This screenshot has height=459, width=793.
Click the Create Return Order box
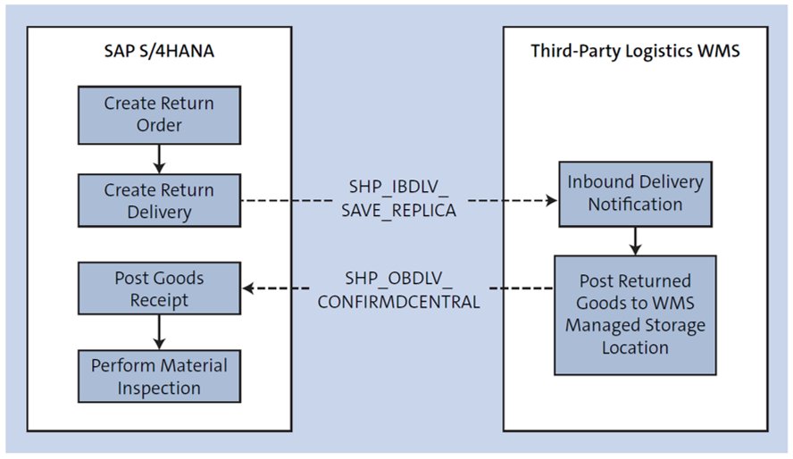(x=159, y=114)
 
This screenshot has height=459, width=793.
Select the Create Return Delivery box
(x=159, y=201)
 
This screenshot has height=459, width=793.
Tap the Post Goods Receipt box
(x=159, y=288)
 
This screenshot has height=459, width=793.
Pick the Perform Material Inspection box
(x=159, y=376)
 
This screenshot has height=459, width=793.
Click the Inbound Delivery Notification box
(x=635, y=193)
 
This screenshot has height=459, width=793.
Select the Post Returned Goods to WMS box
(x=635, y=313)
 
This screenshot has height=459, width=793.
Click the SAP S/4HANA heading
(x=159, y=51)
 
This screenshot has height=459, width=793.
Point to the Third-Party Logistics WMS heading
(x=635, y=51)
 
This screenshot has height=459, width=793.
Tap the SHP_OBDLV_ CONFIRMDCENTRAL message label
(x=398, y=289)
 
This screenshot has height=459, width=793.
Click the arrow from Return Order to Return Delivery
(x=159, y=159)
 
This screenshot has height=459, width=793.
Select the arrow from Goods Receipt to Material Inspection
(x=159, y=334)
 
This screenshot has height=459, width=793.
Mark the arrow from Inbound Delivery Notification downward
(x=635, y=239)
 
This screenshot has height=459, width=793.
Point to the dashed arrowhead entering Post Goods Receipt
(x=249, y=288)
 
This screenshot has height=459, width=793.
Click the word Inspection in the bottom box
(x=159, y=388)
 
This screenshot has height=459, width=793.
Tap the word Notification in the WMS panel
(x=635, y=204)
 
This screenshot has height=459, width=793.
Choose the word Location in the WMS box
(x=635, y=347)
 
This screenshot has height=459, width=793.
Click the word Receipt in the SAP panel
(x=159, y=300)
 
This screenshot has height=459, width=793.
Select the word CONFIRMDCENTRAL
(x=398, y=301)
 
